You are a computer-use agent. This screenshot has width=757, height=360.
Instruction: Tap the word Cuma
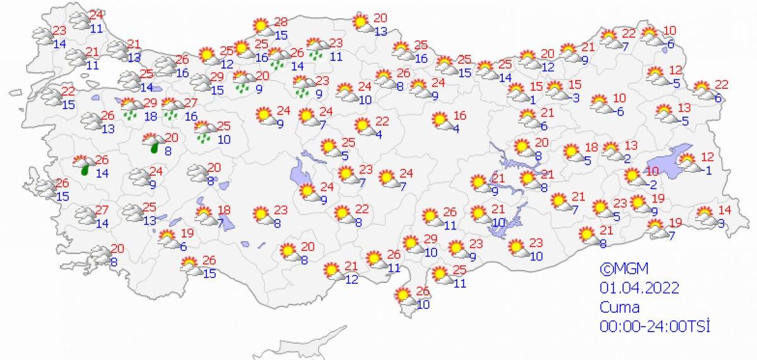[x=620, y=307]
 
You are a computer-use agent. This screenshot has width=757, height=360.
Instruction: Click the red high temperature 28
[x=281, y=23]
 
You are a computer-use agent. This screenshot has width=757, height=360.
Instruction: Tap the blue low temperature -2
[x=652, y=185]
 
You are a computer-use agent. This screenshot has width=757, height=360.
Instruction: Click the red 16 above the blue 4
[x=459, y=115]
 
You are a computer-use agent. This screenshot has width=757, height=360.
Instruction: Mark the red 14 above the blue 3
[x=725, y=210]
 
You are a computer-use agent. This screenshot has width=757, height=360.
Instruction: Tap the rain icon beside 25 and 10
[x=204, y=131]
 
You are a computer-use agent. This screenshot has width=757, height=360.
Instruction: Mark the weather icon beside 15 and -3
[x=555, y=90]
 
